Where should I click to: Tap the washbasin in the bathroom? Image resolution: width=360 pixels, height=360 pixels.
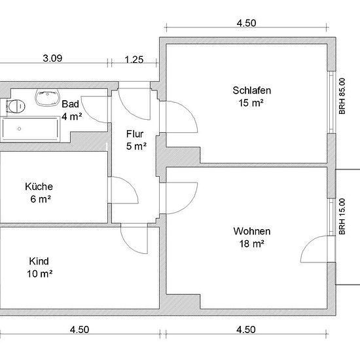pyautogui.click(x=47, y=98)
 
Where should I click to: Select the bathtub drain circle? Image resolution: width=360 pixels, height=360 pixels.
pyautogui.click(x=19, y=129)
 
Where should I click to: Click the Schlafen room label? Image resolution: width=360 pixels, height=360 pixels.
pyautogui.click(x=251, y=90)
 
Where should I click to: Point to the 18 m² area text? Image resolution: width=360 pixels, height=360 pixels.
pyautogui.click(x=251, y=243)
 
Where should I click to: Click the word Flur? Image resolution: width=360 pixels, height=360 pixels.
pyautogui.click(x=135, y=134)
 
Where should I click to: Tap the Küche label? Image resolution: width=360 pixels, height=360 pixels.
pyautogui.click(x=39, y=187)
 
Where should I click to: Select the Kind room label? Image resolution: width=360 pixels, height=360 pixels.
pyautogui.click(x=39, y=261)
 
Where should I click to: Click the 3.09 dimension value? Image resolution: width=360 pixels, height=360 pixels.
pyautogui.click(x=52, y=58)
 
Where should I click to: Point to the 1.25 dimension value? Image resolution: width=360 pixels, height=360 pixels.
pyautogui.click(x=134, y=60)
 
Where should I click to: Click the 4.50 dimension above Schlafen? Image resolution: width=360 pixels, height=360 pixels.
pyautogui.click(x=247, y=23)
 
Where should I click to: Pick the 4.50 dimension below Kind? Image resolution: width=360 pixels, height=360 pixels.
pyautogui.click(x=79, y=330)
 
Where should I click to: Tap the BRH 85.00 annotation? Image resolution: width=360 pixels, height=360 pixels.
pyautogui.click(x=342, y=96)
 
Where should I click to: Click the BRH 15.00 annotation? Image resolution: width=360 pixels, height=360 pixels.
pyautogui.click(x=342, y=216)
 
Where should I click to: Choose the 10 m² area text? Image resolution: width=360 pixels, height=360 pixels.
pyautogui.click(x=39, y=274)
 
